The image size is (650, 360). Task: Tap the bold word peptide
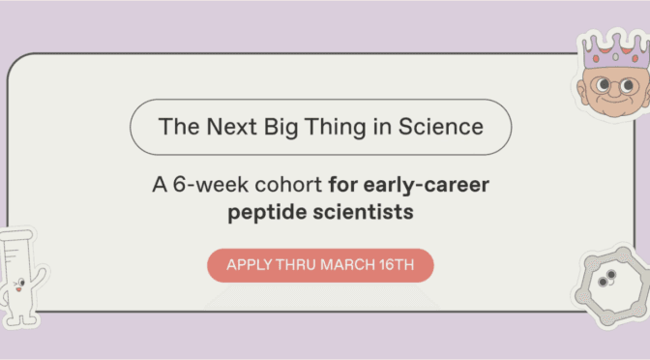269,210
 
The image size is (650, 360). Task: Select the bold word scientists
367,210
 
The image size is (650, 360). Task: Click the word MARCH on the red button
345,265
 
